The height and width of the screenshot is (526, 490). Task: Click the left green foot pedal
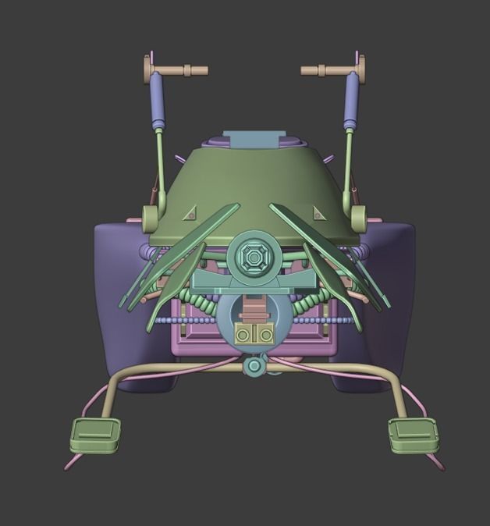(x=95, y=435)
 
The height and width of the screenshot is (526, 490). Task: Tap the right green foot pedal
(x=414, y=435)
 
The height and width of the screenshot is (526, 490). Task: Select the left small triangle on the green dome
(x=190, y=213)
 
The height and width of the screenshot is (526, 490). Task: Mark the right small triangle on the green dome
(x=318, y=213)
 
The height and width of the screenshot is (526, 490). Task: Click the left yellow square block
(x=244, y=334)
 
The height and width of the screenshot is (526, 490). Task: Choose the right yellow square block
(x=265, y=334)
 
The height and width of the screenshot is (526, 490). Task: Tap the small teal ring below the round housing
(x=254, y=365)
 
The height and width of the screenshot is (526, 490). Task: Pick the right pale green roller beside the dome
(x=360, y=219)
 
